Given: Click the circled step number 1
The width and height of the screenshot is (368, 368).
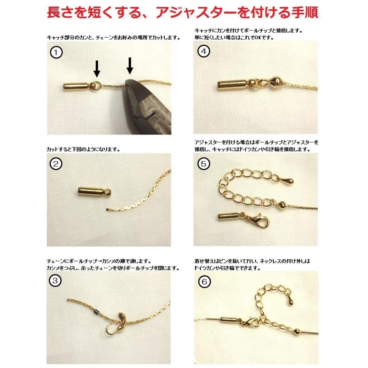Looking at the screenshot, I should point(56,52).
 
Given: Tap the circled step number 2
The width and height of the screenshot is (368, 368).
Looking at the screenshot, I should point(56,164).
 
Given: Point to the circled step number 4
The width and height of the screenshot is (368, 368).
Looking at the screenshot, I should point(203,52).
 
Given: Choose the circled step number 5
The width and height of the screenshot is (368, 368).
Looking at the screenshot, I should point(203,164).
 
